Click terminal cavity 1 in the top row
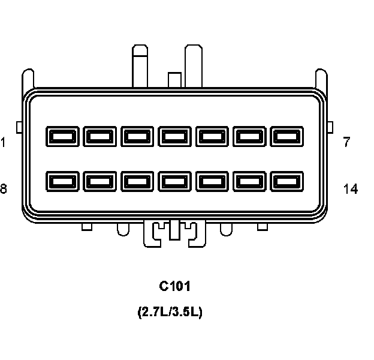pyautogui.click(x=62, y=136)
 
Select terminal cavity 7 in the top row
pyautogui.click(x=287, y=136)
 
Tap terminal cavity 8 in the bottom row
pyautogui.click(x=62, y=181)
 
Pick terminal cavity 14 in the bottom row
pyautogui.click(x=287, y=181)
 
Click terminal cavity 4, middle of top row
pyautogui.click(x=175, y=136)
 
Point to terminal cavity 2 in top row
pyautogui.click(x=100, y=136)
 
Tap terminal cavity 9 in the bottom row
pyautogui.click(x=100, y=181)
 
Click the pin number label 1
pyautogui.click(x=4, y=143)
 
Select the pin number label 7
pyautogui.click(x=346, y=143)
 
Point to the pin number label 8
pyautogui.click(x=4, y=190)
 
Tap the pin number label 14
pyautogui.click(x=351, y=190)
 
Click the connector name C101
pyautogui.click(x=174, y=286)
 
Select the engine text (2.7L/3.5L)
pyautogui.click(x=170, y=313)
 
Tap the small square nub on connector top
pyautogui.click(x=174, y=79)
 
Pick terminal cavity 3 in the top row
pyautogui.click(x=137, y=136)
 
